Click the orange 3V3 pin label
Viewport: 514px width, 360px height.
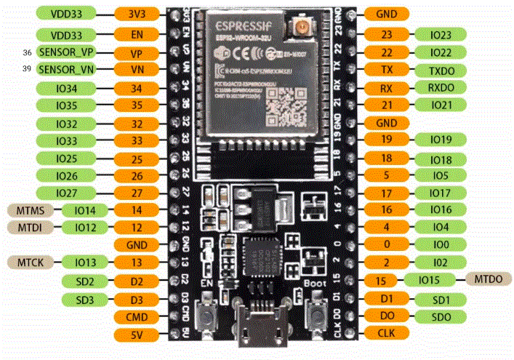tap(136, 14)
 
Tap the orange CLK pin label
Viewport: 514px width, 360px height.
tap(387, 334)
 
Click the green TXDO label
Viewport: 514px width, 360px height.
tap(441, 71)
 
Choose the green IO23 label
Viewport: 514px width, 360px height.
tap(441, 34)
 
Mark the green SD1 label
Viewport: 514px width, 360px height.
tap(441, 298)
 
